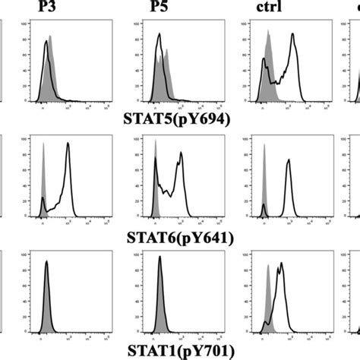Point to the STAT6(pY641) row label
[x=177, y=238]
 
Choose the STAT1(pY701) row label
[x=177, y=352]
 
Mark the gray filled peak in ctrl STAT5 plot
[x=268, y=44]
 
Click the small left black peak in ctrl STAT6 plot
[x=264, y=206]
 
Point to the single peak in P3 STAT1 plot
[x=46, y=264]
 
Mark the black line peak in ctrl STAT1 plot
[x=281, y=265]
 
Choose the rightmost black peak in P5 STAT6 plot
[x=181, y=154]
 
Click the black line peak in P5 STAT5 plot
[x=159, y=36]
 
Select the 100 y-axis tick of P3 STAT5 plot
[x=29, y=24]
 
